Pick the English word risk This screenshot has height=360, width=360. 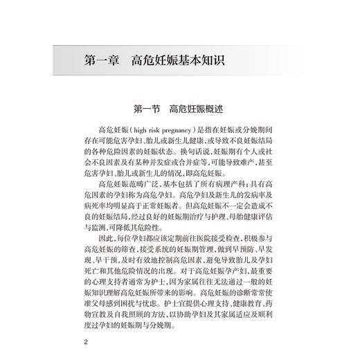pos(157,129)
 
